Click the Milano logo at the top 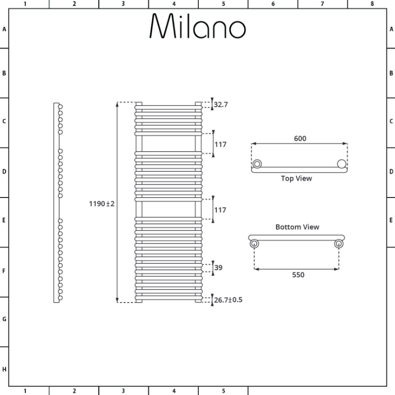pyautogui.click(x=197, y=26)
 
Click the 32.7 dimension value pyautogui.click(x=221, y=105)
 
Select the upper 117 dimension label pyautogui.click(x=220, y=145)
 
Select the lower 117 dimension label pyautogui.click(x=220, y=210)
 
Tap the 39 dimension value pyautogui.click(x=218, y=268)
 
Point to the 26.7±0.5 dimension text pyautogui.click(x=228, y=300)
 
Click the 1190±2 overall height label pyautogui.click(x=102, y=204)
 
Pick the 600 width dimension pyautogui.click(x=300, y=138)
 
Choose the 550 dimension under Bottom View pyautogui.click(x=298, y=275)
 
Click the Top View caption pyautogui.click(x=296, y=179)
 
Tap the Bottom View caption pyautogui.click(x=297, y=227)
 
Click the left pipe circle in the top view pyautogui.click(x=257, y=164)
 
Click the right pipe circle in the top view pyautogui.click(x=342, y=164)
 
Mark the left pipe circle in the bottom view pyautogui.click(x=254, y=244)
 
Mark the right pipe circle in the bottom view pyautogui.click(x=339, y=244)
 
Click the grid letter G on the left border pyautogui.click(x=4, y=319)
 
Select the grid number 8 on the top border pyautogui.click(x=372, y=4)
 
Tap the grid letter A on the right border pyautogui.click(x=391, y=29)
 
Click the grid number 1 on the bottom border pyautogui.click(x=25, y=391)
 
